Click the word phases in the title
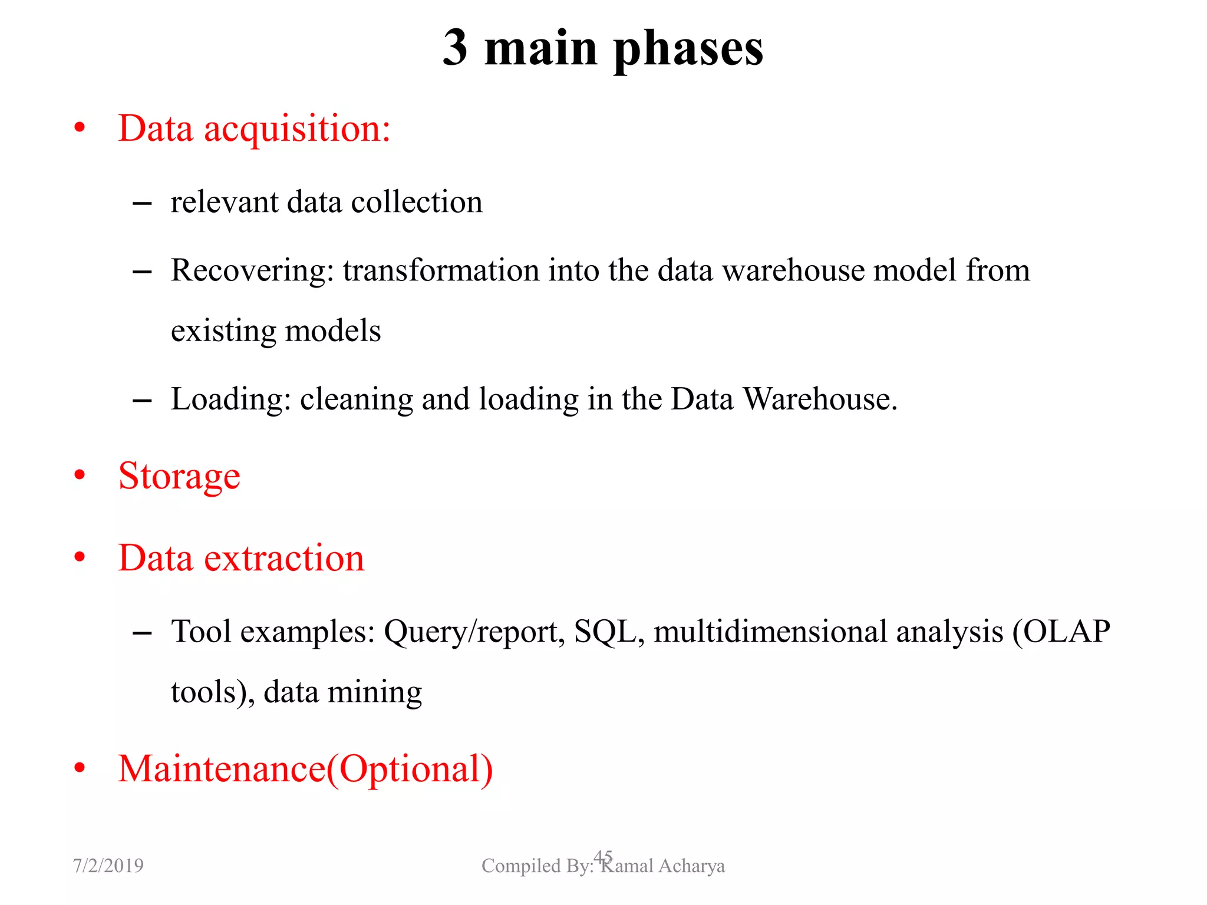point(688,49)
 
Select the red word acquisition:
point(297,129)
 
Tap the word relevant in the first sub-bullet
point(224,202)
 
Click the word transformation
point(441,270)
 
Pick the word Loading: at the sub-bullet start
point(231,399)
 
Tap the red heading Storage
point(179,477)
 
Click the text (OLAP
point(1061,632)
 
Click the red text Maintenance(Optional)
point(305,769)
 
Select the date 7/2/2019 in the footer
point(108,866)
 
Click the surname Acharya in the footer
point(691,866)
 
